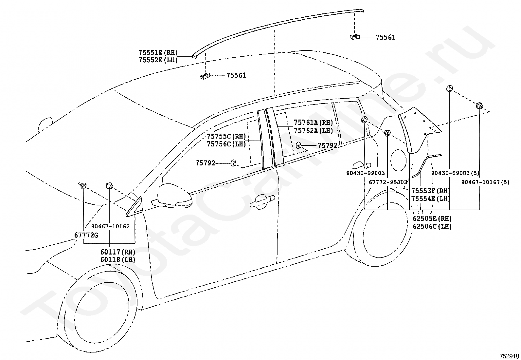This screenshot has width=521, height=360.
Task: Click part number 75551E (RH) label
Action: pos(158,52)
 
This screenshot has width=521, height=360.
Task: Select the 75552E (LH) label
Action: pos(158,60)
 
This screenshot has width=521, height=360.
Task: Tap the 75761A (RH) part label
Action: pos(313,123)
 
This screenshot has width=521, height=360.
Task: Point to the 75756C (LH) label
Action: pos(226,144)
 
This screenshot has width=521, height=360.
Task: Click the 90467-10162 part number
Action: pos(110,226)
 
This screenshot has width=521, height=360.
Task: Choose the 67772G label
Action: pos(86,235)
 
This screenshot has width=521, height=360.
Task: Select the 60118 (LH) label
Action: pos(118,260)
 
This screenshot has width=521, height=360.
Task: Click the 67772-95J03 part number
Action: pos(388,182)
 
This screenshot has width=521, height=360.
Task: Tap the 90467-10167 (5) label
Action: pos(485,182)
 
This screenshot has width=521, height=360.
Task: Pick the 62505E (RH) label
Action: pos(432,219)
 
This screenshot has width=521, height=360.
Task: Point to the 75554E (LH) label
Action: pos(431,199)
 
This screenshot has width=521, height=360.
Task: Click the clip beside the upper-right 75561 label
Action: pos(355,37)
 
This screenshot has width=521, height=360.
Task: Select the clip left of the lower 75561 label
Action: pos(205,76)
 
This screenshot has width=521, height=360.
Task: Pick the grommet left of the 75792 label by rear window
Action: pos(298,146)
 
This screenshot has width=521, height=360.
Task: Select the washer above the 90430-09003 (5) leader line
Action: pos(449,88)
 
